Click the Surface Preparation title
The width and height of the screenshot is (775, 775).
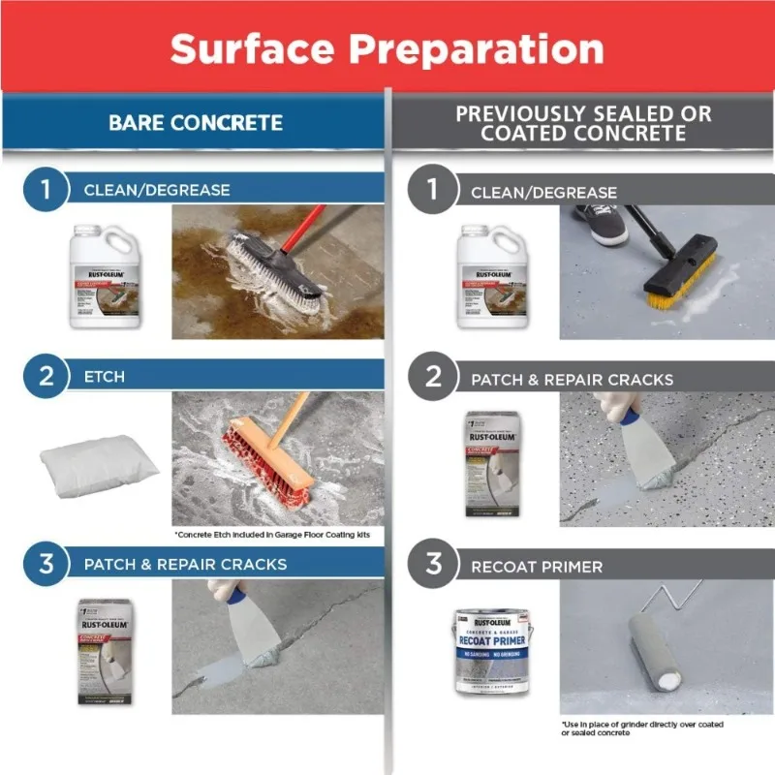point(387,47)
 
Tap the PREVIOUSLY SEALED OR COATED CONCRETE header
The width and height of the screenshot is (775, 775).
point(583,123)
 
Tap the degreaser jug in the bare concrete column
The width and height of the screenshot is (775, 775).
point(107,275)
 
